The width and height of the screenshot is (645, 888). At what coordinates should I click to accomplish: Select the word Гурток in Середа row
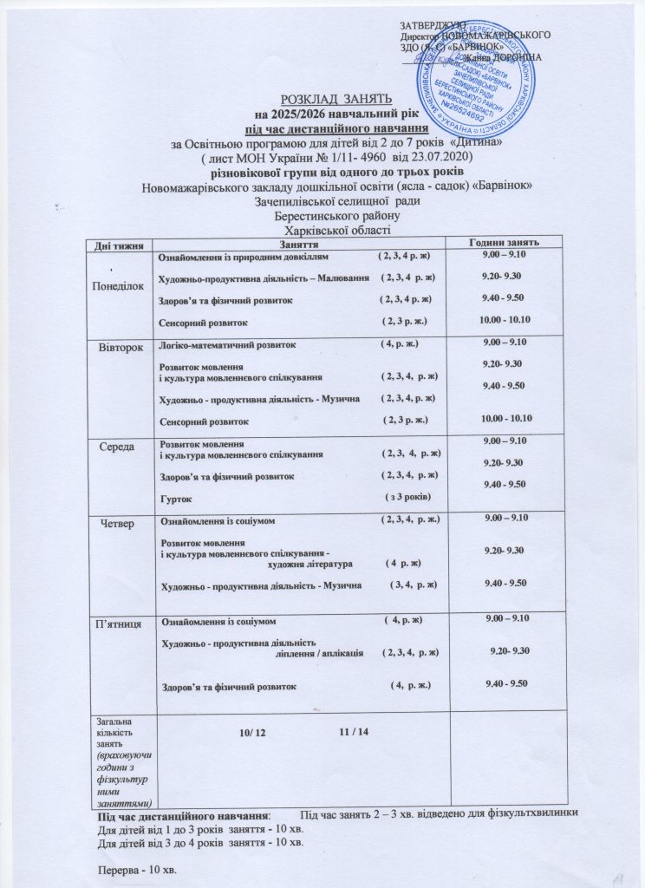(177, 499)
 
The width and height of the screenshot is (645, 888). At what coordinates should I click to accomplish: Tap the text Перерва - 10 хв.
(140, 868)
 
